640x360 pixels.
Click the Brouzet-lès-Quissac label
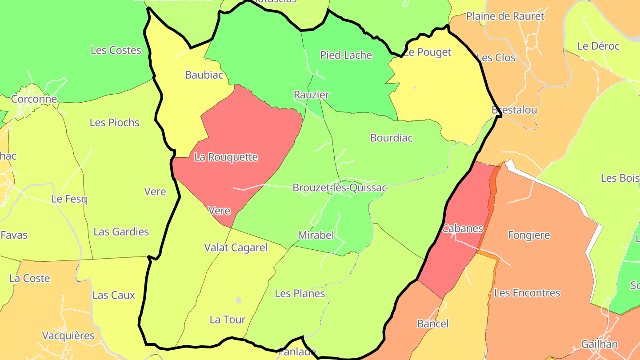click(x=340, y=188)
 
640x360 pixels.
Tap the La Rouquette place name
click(x=226, y=157)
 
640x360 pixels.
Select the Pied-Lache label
click(x=346, y=55)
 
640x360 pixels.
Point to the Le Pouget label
click(x=428, y=52)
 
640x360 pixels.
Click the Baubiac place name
click(x=204, y=75)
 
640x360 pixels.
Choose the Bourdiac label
click(x=391, y=138)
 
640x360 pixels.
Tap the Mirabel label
click(x=316, y=235)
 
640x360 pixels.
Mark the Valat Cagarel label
click(x=236, y=248)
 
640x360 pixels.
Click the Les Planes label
click(x=300, y=294)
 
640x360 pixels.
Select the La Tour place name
click(x=228, y=320)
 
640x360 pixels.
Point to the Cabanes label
click(x=462, y=229)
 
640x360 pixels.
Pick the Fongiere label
click(x=528, y=235)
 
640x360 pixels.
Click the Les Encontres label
click(x=527, y=293)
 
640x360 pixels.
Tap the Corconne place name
click(x=34, y=99)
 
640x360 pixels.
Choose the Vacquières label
click(x=68, y=336)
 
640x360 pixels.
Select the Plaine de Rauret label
click(x=505, y=16)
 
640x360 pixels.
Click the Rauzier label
click(x=312, y=95)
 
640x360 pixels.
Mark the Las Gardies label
click(x=121, y=232)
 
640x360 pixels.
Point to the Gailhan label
click(x=599, y=344)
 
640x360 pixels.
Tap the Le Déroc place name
click(x=598, y=46)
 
